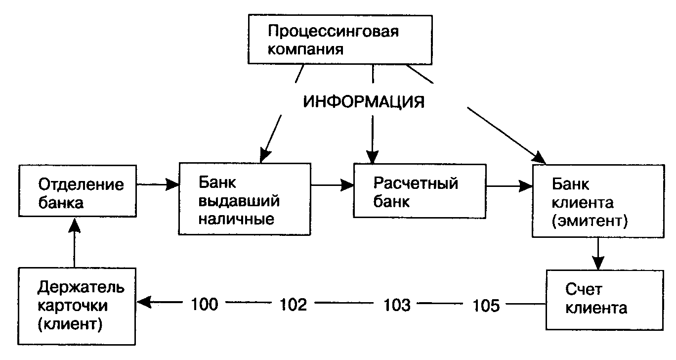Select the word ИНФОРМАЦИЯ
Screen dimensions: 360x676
pyautogui.click(x=364, y=102)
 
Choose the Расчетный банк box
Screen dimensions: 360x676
pyautogui.click(x=420, y=191)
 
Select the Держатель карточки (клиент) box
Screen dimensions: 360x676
pyautogui.click(x=78, y=305)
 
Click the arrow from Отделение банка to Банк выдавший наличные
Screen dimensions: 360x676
pyautogui.click(x=157, y=184)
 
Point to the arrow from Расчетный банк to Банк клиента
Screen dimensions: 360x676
pyautogui.click(x=509, y=186)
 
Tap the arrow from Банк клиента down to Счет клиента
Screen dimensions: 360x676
pyautogui.click(x=598, y=253)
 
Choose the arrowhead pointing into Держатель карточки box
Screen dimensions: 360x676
pyautogui.click(x=143, y=301)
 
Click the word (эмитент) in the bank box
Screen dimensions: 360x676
pyautogui.click(x=589, y=221)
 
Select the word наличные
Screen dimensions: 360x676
pyautogui.click(x=236, y=218)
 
